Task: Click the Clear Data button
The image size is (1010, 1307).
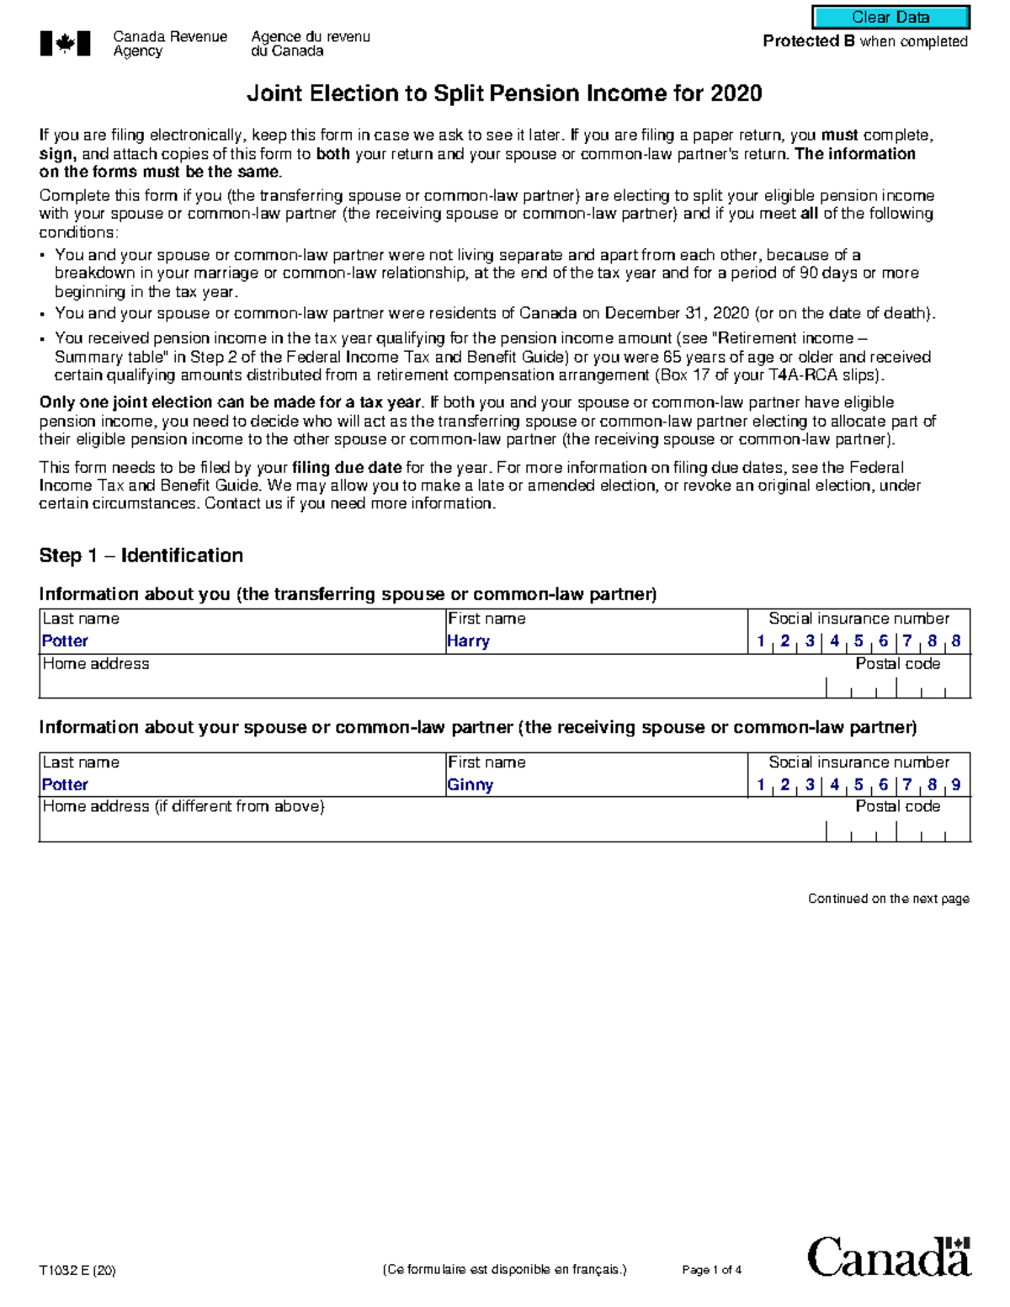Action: [x=890, y=17]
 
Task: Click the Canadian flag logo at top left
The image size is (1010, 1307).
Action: [x=65, y=44]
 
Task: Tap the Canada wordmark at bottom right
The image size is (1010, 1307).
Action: [x=889, y=1258]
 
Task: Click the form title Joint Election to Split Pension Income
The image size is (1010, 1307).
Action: [x=503, y=93]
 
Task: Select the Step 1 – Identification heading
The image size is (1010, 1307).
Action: [x=141, y=555]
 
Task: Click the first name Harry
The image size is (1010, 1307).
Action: [x=469, y=641]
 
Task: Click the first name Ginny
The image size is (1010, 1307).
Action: [x=470, y=785]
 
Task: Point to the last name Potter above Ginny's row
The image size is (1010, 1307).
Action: [x=65, y=785]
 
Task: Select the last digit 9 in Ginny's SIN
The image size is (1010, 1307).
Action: [x=956, y=785]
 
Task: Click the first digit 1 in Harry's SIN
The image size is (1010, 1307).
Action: [x=761, y=641]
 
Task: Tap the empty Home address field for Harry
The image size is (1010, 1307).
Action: [x=421, y=686]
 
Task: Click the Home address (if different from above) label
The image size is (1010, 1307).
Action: [x=183, y=806]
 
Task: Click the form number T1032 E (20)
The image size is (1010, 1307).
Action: [x=77, y=1270]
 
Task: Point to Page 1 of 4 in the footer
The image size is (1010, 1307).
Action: [x=711, y=1270]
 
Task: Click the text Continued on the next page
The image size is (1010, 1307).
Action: [x=888, y=899]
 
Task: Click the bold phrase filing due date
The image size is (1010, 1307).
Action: [x=346, y=468]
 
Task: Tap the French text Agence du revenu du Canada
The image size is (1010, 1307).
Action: [x=310, y=44]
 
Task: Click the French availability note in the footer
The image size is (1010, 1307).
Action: [x=504, y=1270]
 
